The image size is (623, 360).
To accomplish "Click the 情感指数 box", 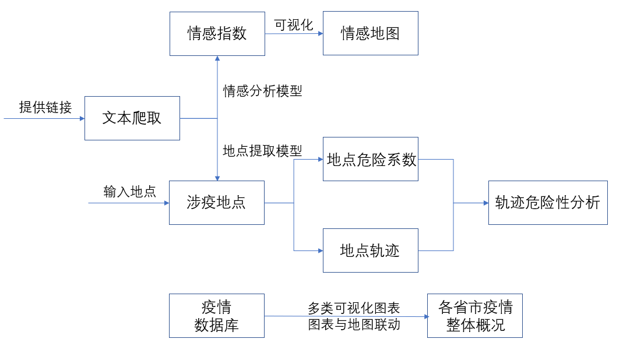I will pos(217,33).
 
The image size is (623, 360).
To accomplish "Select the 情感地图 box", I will pos(370,33).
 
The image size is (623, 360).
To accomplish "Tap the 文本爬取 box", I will pos(132,118).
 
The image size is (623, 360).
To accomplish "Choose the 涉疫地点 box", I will pos(216,203).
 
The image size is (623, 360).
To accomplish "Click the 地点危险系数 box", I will pos(370,159).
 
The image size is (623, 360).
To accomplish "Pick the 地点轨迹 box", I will pos(370,250).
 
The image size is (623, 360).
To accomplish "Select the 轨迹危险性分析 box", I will pos(547,203).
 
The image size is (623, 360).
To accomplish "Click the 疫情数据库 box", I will pos(216,316).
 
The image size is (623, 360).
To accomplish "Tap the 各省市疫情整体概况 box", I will pos(474,316).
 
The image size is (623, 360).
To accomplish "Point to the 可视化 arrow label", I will pos(294,25).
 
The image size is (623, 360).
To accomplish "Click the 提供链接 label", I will pos(45,107).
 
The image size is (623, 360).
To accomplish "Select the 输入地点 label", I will pos(129,192).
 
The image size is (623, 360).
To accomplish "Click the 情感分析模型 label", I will pos(262,91).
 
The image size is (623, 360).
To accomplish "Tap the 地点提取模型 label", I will pos(262,151).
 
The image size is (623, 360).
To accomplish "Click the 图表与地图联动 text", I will pos(354,324).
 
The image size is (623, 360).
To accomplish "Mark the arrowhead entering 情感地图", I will pos(320,34).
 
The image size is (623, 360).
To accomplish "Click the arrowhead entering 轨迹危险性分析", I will pos(485,203).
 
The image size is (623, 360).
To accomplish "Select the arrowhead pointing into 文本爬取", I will pos(82,118).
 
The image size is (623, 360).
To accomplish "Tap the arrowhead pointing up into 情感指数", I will pos(217,59).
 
